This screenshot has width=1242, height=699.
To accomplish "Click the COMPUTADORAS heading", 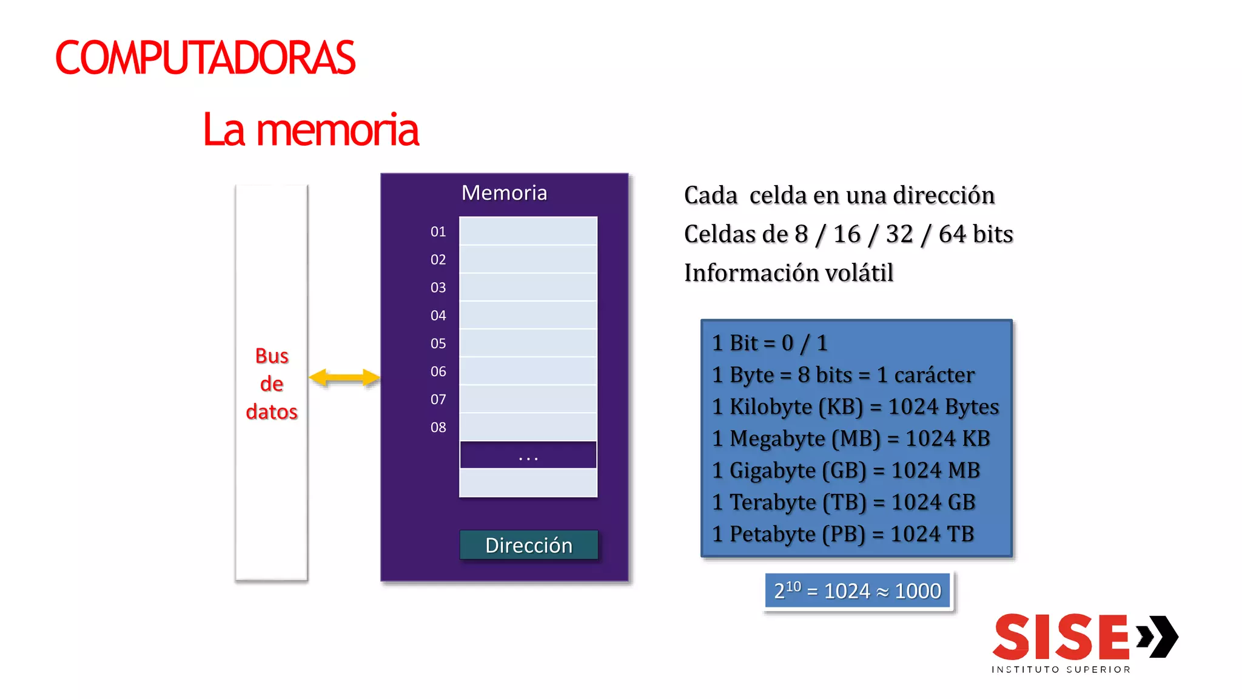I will [205, 58].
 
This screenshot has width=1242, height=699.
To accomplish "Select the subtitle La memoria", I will [310, 130].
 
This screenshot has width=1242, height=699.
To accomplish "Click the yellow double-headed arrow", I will [344, 378].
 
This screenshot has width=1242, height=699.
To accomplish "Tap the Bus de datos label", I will [272, 383].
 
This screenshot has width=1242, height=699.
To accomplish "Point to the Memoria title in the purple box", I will [504, 193].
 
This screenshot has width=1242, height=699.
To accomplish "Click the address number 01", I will [438, 232].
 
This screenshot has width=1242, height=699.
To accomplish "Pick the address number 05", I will [438, 343].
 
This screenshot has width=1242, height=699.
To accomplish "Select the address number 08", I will [438, 428].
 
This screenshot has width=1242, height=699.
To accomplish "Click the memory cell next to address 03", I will [528, 287].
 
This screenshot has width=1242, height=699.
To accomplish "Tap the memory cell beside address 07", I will [528, 399].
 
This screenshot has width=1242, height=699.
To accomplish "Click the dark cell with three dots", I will [528, 455].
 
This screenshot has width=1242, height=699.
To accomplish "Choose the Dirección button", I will [528, 545].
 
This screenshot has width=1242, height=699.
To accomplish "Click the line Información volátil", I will [788, 273].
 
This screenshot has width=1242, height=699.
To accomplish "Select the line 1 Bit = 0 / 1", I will [770, 343].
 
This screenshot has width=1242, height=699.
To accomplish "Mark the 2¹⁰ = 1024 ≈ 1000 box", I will [857, 591].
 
